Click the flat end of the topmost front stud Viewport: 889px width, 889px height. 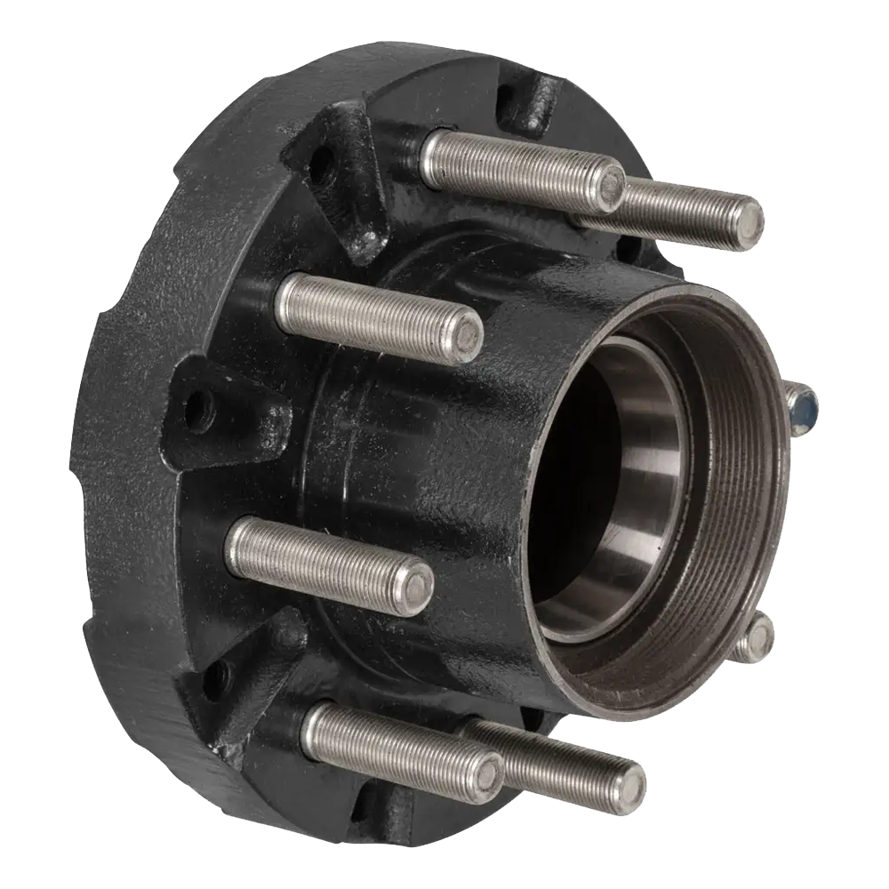612,185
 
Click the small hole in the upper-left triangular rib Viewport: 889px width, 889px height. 322,164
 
